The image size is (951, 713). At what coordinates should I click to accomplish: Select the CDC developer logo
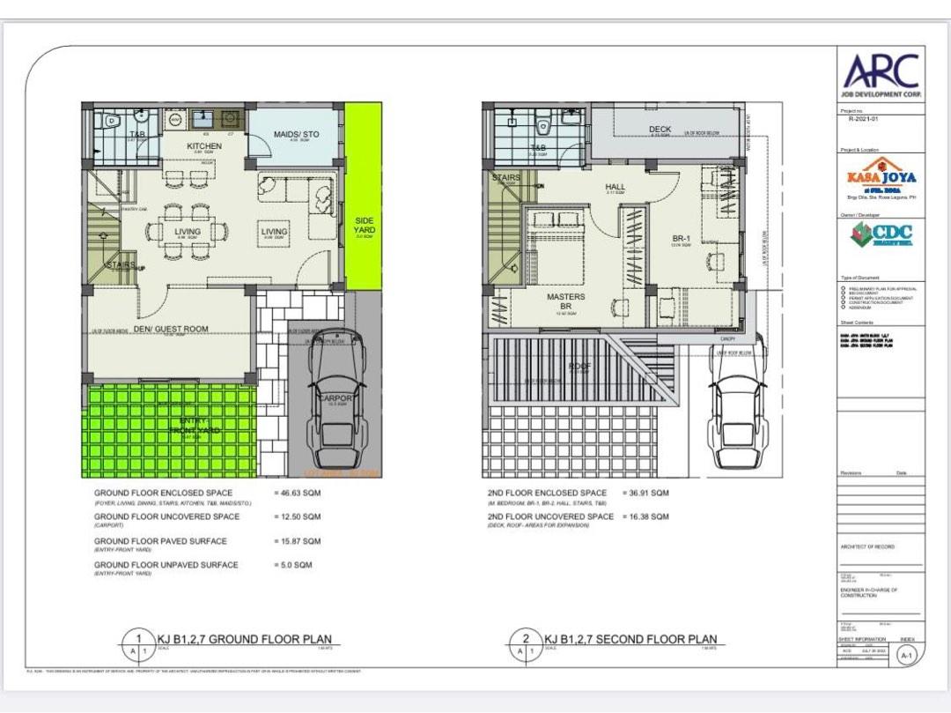pos(881,234)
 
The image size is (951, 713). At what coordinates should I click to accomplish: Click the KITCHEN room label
pos(204,146)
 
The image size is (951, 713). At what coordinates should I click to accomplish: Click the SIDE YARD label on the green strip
pos(364,226)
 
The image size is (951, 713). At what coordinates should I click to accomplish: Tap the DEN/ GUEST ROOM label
pos(171,329)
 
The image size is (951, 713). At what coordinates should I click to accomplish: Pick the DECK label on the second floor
pos(660,130)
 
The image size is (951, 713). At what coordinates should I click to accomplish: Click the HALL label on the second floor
pos(615,187)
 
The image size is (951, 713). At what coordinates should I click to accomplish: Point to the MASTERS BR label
pos(565,302)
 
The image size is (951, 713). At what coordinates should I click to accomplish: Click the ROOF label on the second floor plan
pos(578,366)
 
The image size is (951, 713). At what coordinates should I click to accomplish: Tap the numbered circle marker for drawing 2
pos(526,639)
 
